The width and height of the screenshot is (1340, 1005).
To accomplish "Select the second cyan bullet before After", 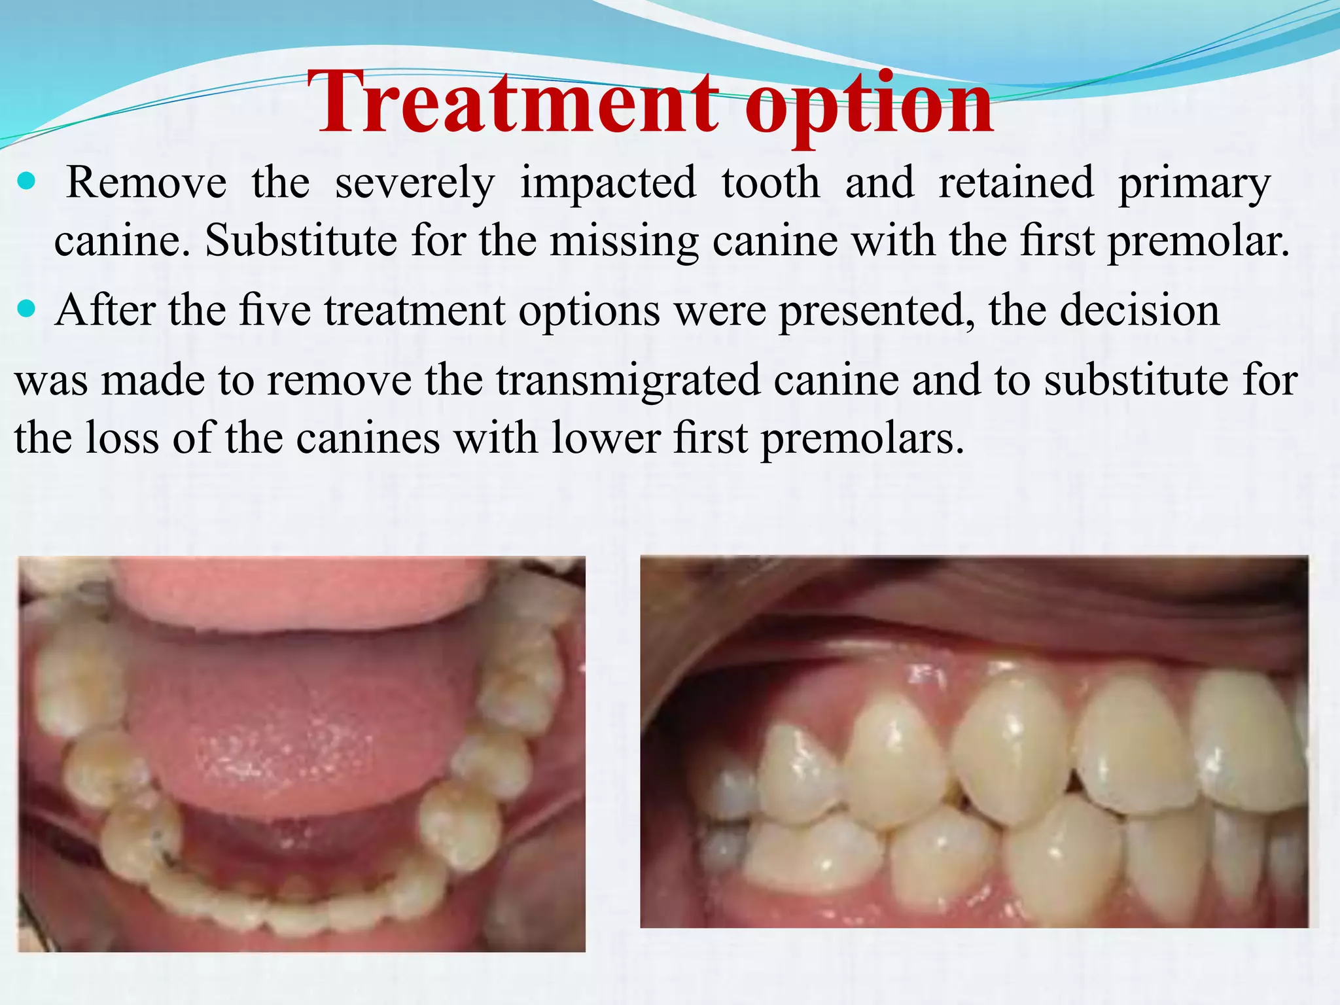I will click(x=27, y=308).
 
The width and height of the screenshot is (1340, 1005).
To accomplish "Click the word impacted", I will click(x=608, y=185).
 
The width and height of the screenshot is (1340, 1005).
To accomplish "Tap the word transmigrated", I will click(x=628, y=381).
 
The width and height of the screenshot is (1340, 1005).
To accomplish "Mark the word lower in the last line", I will click(x=605, y=438).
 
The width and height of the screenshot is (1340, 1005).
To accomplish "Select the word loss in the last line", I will click(x=122, y=438).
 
